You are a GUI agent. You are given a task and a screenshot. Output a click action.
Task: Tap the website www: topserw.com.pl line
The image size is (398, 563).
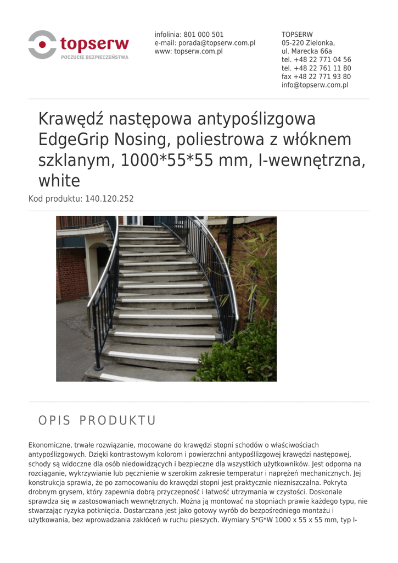tap(188, 51)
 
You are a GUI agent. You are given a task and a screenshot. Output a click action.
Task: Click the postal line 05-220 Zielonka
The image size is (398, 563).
tap(308, 43)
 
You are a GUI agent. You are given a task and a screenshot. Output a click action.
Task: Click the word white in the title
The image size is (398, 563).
tap(59, 180)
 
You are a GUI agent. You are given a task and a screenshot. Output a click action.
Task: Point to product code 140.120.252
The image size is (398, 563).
tap(109, 198)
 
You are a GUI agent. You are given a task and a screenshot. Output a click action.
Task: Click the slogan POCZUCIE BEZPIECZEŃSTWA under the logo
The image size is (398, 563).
tap(95, 57)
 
